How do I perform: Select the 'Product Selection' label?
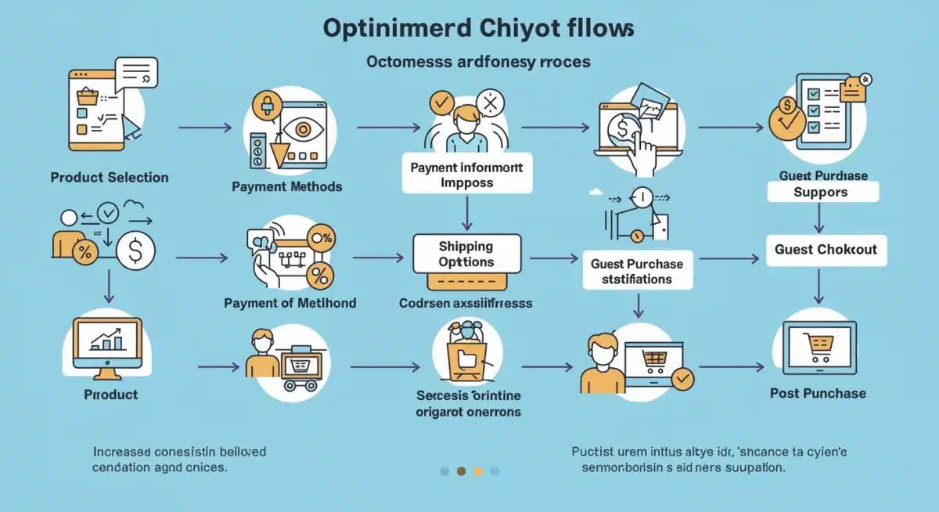[110, 177]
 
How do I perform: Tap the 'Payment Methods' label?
[287, 186]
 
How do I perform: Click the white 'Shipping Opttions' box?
[466, 254]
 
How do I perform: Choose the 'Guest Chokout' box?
[826, 250]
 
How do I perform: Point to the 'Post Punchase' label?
[818, 393]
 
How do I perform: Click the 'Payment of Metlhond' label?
[290, 303]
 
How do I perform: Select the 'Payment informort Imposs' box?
[466, 174]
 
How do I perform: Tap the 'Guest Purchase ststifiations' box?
[637, 271]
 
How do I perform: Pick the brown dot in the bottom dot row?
[461, 471]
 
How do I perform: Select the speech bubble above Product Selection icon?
[136, 73]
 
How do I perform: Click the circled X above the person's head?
[491, 103]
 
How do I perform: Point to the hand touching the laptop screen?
[643, 149]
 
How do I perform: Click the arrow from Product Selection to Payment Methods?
[205, 126]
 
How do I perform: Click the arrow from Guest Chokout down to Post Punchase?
[818, 285]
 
